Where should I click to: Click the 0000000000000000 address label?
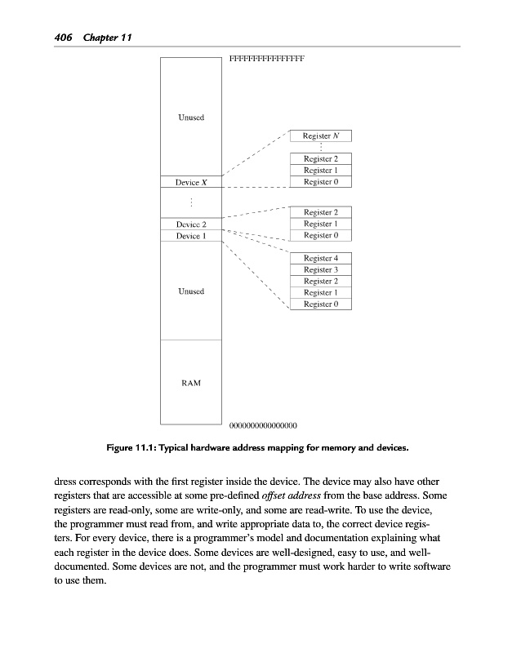coord(263,425)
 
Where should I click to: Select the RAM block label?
coord(190,382)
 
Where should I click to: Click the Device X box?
coord(190,184)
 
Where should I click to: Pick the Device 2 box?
coord(190,224)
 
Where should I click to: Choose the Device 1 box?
coord(190,236)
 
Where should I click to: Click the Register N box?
coord(321,136)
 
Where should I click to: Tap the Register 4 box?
coord(321,259)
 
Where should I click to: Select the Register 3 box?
coord(321,270)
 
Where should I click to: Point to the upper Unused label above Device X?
coord(191,118)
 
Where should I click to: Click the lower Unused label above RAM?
coord(191,291)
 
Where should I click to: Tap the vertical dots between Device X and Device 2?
coord(190,203)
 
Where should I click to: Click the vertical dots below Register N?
coord(321,148)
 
